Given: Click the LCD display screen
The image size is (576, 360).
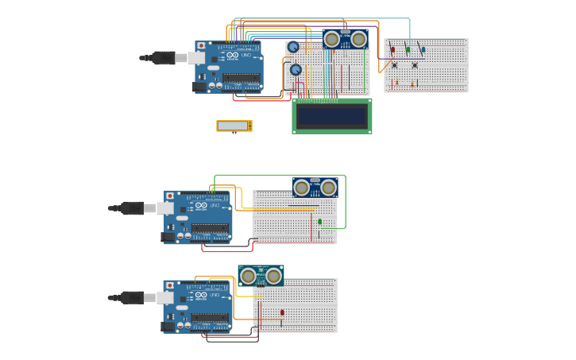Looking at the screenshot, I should [331, 117].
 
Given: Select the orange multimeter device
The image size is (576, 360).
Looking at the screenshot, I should [234, 126].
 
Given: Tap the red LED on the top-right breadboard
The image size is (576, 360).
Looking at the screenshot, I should [392, 49].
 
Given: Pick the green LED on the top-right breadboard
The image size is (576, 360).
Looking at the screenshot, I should [408, 49].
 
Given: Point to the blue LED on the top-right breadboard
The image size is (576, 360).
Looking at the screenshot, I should [423, 49].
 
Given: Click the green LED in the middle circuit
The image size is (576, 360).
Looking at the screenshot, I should [320, 221].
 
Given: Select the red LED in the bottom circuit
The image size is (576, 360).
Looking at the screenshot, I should [282, 312].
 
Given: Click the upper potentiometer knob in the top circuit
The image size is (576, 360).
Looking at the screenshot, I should [293, 47].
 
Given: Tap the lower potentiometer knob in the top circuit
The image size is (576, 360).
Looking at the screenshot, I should [296, 70].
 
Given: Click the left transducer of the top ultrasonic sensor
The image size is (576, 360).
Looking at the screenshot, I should [332, 39].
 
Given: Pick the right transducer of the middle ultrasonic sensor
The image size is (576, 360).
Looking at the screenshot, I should [328, 188].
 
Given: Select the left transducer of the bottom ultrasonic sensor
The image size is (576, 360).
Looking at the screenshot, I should [248, 276].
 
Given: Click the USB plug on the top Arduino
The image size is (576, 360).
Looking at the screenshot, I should [164, 57].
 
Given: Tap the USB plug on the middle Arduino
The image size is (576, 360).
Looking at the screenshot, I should [132, 208].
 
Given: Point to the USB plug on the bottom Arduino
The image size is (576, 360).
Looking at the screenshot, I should [132, 297].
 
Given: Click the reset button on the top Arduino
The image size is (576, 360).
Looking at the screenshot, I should [201, 46].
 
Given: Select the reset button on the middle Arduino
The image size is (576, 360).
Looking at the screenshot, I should [169, 195].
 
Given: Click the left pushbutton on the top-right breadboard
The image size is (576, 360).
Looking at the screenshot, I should [394, 64].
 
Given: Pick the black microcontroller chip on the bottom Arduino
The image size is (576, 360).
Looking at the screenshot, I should [210, 317].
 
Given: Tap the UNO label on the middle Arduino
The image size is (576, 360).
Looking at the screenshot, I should [215, 205].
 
